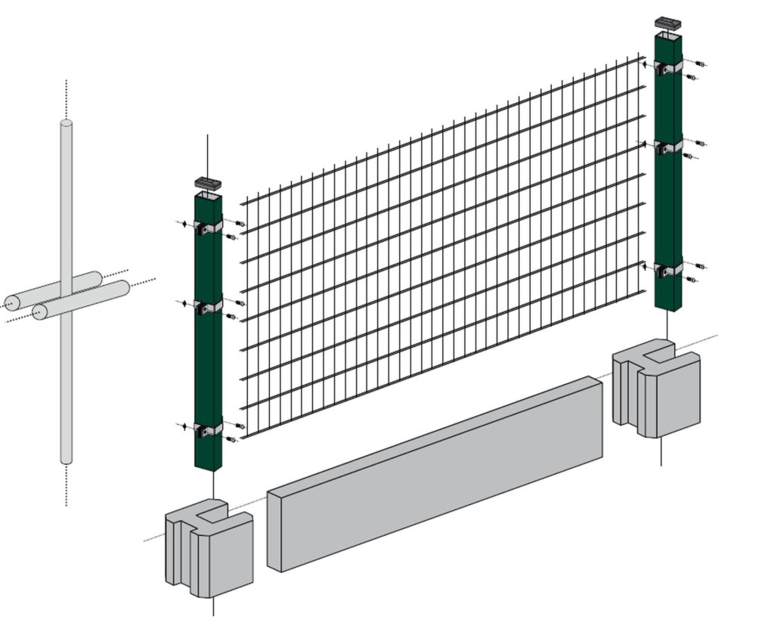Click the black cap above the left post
[206, 183]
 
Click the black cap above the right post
[667, 23]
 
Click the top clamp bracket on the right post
[668, 67]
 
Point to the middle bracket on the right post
[668, 147]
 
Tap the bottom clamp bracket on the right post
[668, 270]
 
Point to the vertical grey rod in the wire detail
[67, 378]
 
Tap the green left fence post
[207, 363]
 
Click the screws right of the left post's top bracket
[236, 230]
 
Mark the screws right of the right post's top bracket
[696, 70]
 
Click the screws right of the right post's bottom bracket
[696, 272]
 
